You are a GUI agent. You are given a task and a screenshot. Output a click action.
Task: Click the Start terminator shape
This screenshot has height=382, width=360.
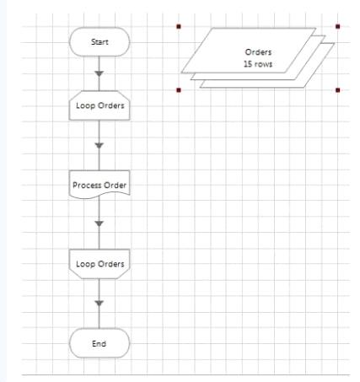pos(99,41)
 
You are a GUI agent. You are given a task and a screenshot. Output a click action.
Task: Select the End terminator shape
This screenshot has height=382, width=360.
pos(99,343)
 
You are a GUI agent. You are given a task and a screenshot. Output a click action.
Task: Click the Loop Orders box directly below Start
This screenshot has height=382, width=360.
pos(99,105)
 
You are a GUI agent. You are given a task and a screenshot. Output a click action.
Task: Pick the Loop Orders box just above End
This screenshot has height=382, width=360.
pos(99,264)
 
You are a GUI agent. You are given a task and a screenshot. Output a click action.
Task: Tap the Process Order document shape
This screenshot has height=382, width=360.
pos(99,185)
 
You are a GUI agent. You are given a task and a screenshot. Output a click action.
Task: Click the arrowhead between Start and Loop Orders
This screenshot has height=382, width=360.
pos(99,73)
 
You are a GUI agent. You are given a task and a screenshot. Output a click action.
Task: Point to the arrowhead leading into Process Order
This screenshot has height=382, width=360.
pos(99,145)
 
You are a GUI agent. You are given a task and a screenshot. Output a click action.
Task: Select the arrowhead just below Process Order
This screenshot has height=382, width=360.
pos(99,223)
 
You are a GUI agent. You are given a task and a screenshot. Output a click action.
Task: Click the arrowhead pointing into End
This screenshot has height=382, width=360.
pos(99,304)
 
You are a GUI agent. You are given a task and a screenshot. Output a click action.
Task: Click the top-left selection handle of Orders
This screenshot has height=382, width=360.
pos(179,27)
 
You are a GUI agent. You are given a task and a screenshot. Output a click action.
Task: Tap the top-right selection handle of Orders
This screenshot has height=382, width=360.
pos(338,27)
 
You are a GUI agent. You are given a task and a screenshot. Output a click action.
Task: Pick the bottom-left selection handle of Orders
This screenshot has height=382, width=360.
pos(179,90)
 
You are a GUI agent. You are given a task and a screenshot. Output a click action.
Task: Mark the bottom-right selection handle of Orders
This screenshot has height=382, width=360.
pos(338,90)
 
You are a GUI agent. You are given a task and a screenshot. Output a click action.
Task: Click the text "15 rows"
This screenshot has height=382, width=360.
pos(258,64)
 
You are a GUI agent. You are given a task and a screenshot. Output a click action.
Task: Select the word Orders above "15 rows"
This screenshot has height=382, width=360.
pos(258,52)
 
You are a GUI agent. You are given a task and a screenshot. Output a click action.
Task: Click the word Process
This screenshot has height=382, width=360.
pos(83,185)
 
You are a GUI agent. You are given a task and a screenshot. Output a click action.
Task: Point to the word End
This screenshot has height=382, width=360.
pos(99,343)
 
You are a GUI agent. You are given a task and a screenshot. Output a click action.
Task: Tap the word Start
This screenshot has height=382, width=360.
pos(99,42)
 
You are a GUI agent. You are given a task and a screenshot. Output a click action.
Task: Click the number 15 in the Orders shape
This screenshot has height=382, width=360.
pos(248,64)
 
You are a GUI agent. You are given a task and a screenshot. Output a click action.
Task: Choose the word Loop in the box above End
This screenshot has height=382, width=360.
pos(85,264)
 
